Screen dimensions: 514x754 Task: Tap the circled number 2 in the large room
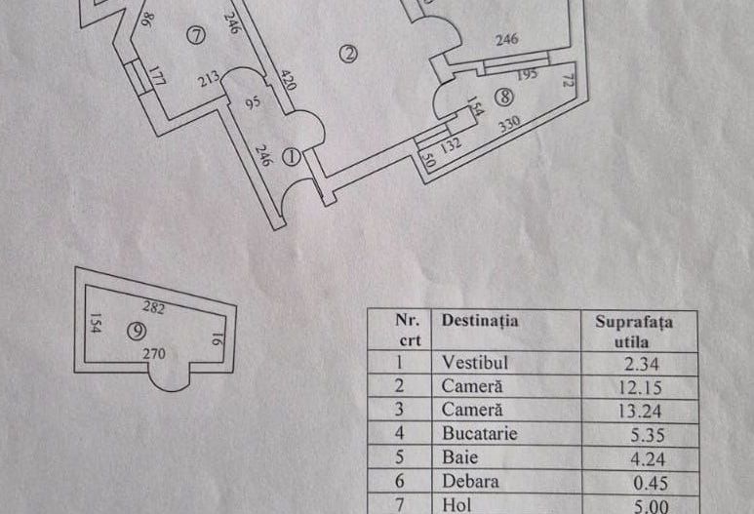[x=349, y=55]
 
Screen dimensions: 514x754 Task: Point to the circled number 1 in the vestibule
[x=290, y=155]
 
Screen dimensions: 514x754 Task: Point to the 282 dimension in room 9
[x=154, y=307]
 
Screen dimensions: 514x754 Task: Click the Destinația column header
[x=479, y=319]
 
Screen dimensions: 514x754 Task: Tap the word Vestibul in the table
[x=475, y=361]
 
